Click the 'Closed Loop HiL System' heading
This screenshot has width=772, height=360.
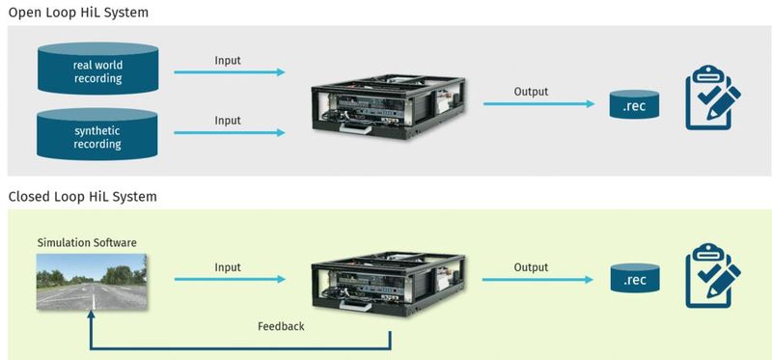(83, 196)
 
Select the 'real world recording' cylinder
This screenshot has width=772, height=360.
(97, 72)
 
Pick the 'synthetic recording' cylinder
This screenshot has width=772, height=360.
(97, 134)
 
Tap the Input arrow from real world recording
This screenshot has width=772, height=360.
(229, 72)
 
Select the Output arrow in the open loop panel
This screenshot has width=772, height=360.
(537, 103)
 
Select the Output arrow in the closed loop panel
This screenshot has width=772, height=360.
(537, 280)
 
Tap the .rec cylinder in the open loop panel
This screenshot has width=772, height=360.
(636, 103)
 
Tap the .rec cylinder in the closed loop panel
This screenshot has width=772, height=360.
(636, 280)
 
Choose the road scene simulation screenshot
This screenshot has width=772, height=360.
(92, 281)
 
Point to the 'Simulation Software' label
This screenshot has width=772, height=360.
(86, 241)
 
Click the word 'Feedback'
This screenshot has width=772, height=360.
(281, 326)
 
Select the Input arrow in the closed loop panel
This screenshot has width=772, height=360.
(229, 280)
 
